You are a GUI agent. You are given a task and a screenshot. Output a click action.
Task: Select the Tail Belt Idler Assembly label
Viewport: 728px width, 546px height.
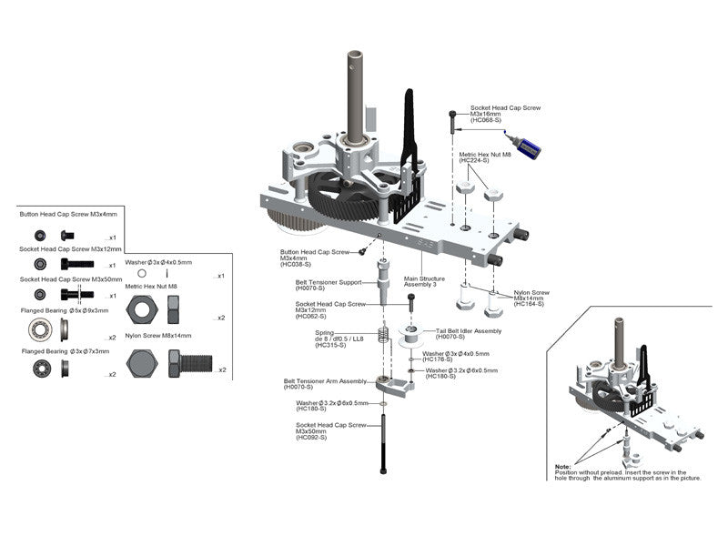(x=468, y=331)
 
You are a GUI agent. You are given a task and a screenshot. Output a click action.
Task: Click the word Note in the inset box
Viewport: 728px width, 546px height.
(x=563, y=467)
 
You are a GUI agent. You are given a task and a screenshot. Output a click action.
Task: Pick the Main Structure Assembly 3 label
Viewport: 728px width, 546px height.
(x=425, y=281)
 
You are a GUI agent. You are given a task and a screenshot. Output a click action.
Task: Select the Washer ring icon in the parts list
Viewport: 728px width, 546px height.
(x=142, y=273)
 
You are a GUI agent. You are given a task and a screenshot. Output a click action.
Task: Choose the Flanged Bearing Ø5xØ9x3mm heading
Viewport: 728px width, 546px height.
(x=65, y=310)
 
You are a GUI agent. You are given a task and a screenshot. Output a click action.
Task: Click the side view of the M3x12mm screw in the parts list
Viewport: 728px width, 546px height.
(x=76, y=264)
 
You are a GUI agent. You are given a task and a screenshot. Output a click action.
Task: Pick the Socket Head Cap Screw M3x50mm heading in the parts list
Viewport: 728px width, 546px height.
(x=70, y=279)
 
